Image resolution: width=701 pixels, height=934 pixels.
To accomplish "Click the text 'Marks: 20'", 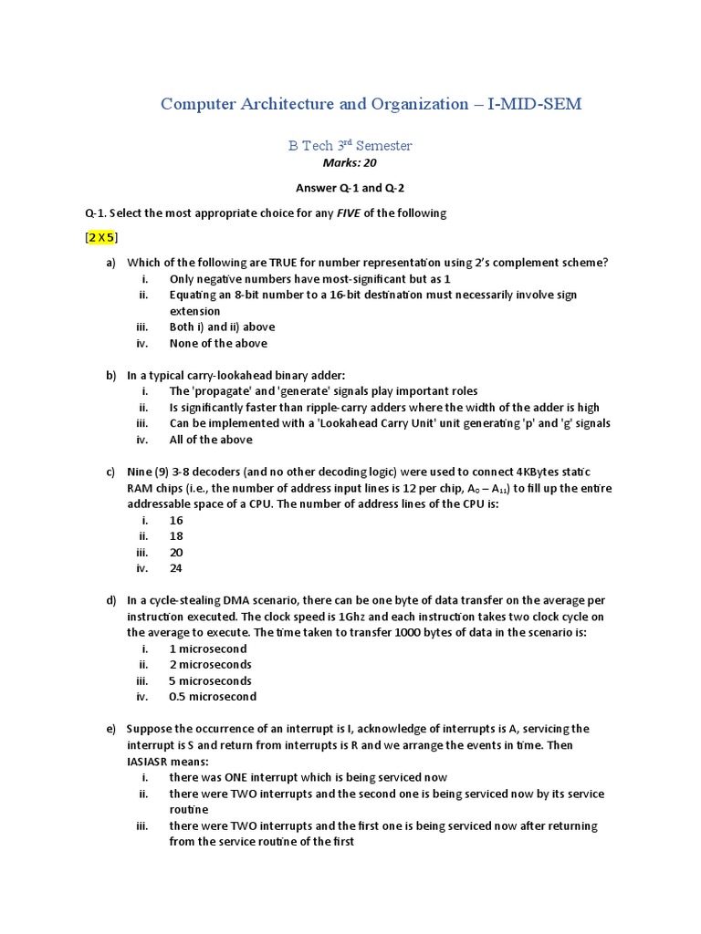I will coord(350,163).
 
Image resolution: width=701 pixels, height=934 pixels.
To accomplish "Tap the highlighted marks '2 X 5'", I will coord(101,237).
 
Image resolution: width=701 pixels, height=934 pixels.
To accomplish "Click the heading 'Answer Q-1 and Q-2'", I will coord(350,188).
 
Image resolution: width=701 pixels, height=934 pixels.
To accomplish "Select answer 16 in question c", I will coord(176,520).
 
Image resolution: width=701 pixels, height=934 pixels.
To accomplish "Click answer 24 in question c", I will coord(176,568).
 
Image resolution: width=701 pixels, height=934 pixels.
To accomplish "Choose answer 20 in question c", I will coord(176,553).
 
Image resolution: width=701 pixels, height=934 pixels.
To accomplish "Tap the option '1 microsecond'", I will coord(208,649).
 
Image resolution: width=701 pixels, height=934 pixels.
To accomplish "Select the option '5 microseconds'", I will coord(211,680).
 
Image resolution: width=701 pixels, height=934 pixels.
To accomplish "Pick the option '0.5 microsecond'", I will coord(213,697).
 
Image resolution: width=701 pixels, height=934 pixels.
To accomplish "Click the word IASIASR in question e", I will coord(154,762).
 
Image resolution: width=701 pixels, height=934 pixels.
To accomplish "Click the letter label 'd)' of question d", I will coord(111,600).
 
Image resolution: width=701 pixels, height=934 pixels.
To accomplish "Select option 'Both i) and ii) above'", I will coord(222,327).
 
